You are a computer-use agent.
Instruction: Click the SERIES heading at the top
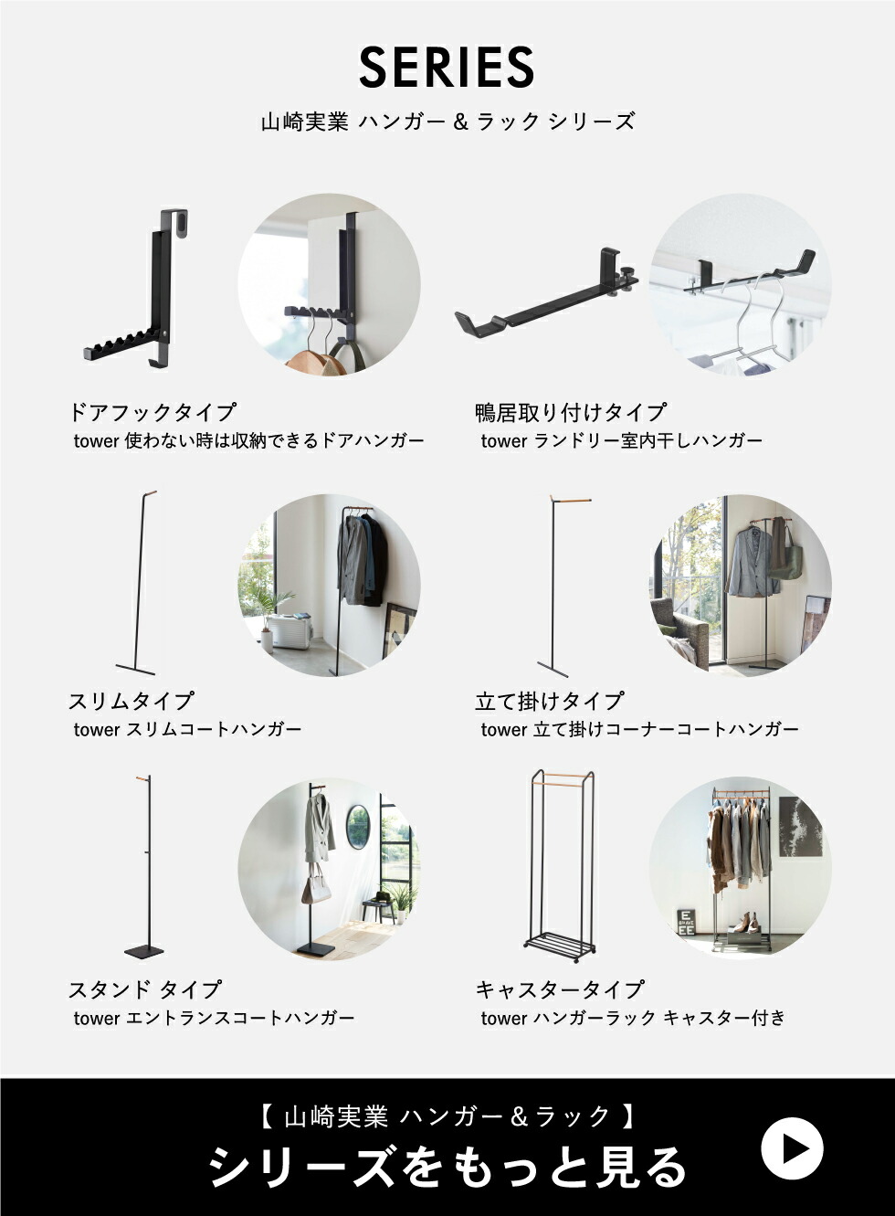(447, 68)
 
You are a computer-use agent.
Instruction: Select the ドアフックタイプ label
(152, 412)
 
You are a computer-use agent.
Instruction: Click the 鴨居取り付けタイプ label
(570, 412)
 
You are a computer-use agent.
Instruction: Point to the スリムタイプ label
(131, 701)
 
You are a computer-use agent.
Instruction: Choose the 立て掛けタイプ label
(549, 701)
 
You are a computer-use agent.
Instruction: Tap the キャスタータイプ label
(560, 989)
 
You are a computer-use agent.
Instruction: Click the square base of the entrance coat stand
(143, 952)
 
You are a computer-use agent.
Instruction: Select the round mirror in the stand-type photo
(358, 828)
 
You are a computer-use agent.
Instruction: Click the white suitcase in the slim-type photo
(291, 630)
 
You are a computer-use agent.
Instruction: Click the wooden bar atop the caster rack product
(562, 782)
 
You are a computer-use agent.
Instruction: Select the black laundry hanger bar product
(546, 291)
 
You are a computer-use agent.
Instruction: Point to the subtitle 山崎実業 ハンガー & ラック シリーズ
(447, 122)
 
